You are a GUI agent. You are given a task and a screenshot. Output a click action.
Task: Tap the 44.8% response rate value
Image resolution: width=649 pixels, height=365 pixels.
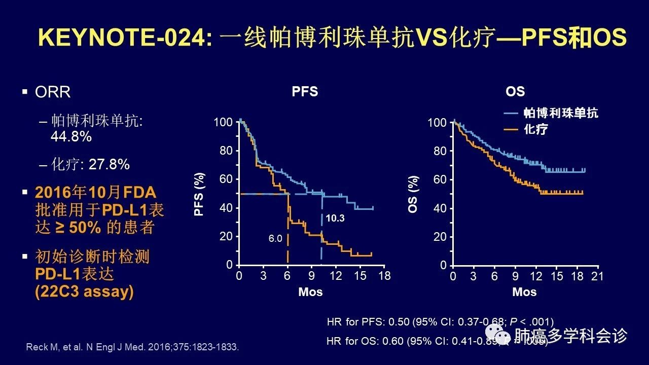pos(71,136)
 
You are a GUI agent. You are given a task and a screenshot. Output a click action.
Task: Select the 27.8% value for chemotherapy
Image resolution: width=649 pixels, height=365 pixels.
pos(109,164)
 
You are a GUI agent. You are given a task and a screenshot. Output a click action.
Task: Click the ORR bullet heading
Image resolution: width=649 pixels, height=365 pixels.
pos(53,92)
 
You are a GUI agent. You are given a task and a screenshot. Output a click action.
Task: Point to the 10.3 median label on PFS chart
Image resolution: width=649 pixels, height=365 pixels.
pos(335,218)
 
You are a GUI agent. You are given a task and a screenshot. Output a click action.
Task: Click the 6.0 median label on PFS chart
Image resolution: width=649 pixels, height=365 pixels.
pos(275,238)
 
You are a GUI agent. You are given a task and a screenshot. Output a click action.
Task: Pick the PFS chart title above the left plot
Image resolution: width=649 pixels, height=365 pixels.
pos(305,92)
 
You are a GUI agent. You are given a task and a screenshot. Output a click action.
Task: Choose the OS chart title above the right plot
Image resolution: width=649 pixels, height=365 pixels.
pos(515,92)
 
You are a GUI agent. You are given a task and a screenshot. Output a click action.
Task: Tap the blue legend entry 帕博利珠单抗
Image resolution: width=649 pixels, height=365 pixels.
pos(560,113)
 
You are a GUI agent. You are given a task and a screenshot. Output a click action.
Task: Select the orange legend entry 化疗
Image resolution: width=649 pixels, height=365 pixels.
pos(535,129)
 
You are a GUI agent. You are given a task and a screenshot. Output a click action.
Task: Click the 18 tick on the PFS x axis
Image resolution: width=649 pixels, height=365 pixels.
pos(384,276)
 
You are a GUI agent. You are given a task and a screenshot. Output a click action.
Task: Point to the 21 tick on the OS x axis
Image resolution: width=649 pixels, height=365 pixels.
pos(598,276)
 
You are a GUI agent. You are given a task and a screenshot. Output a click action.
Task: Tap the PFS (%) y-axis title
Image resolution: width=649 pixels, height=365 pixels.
pos(199,193)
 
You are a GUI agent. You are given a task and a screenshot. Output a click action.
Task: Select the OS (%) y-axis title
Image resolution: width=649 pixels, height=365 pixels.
pos(414,194)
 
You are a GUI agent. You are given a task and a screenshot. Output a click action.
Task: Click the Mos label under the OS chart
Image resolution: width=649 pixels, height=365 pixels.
pos(524,292)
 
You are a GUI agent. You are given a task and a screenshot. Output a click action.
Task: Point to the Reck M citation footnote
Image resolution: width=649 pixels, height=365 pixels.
pos(132,347)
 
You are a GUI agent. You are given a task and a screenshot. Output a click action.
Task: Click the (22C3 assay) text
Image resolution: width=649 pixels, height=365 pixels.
pos(84,293)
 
